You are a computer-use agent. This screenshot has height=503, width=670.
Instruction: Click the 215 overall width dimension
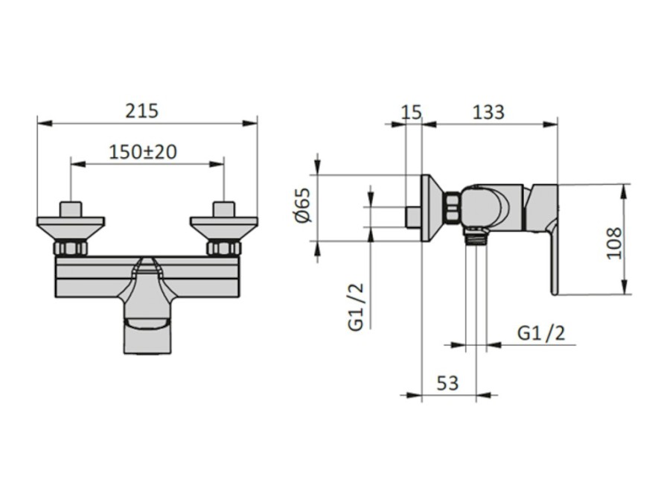click(x=141, y=111)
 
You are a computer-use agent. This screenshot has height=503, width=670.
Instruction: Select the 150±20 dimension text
click(x=143, y=152)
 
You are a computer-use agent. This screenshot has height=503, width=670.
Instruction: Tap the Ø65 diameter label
click(x=303, y=205)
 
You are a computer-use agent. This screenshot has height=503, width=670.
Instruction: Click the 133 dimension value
click(x=488, y=112)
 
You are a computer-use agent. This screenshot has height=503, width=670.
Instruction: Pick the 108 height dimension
click(x=614, y=243)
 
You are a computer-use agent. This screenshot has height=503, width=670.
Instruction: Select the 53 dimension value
click(x=447, y=383)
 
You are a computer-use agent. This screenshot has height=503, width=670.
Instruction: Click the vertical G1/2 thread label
click(x=356, y=307)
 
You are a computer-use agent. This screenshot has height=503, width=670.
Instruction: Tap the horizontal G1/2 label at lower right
click(x=541, y=333)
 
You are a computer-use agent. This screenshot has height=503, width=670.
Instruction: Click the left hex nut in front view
click(x=71, y=248)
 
